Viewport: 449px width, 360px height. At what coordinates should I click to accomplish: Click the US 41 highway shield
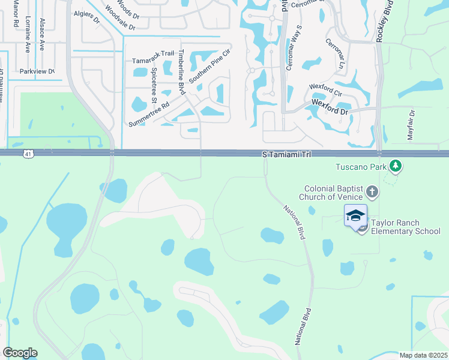pyautogui.click(x=28, y=155)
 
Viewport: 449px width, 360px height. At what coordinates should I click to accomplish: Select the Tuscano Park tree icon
pyautogui.click(x=395, y=165)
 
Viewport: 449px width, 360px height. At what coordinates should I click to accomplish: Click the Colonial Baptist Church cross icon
pyautogui.click(x=372, y=192)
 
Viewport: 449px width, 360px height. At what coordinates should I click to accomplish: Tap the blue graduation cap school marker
pyautogui.click(x=355, y=215)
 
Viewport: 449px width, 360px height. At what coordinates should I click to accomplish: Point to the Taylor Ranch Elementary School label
pyautogui.click(x=405, y=227)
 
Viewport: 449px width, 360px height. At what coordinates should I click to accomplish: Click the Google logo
pyautogui.click(x=20, y=353)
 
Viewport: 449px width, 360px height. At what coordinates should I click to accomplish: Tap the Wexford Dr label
pyautogui.click(x=330, y=103)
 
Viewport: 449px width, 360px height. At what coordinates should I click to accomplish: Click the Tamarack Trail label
pyautogui.click(x=153, y=61)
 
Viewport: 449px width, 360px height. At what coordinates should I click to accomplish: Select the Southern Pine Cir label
pyautogui.click(x=209, y=67)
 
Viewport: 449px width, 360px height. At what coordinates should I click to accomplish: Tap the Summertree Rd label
pyautogui.click(x=149, y=113)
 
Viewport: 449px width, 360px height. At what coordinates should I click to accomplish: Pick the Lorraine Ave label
pyautogui.click(x=28, y=36)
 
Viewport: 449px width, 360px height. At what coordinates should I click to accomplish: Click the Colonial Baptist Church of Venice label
pyautogui.click(x=334, y=193)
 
